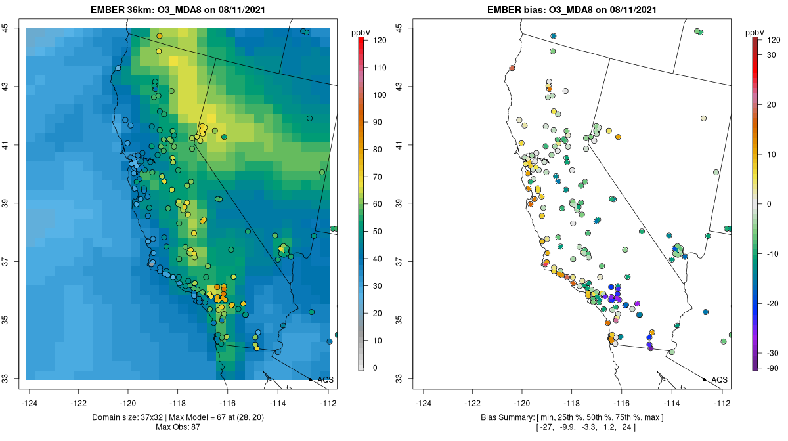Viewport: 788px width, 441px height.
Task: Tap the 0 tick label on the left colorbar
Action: pyautogui.click(x=375, y=367)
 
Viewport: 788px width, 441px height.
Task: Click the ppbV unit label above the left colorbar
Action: pyautogui.click(x=361, y=32)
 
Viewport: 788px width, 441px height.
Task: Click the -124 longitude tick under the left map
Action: pyautogui.click(x=30, y=402)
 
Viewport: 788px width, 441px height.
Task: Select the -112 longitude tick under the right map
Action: pyautogui.click(x=722, y=402)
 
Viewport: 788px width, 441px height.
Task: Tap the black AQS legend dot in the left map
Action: pyautogui.click(x=310, y=379)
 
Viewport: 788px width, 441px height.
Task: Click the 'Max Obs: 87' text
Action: pyautogui.click(x=177, y=427)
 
